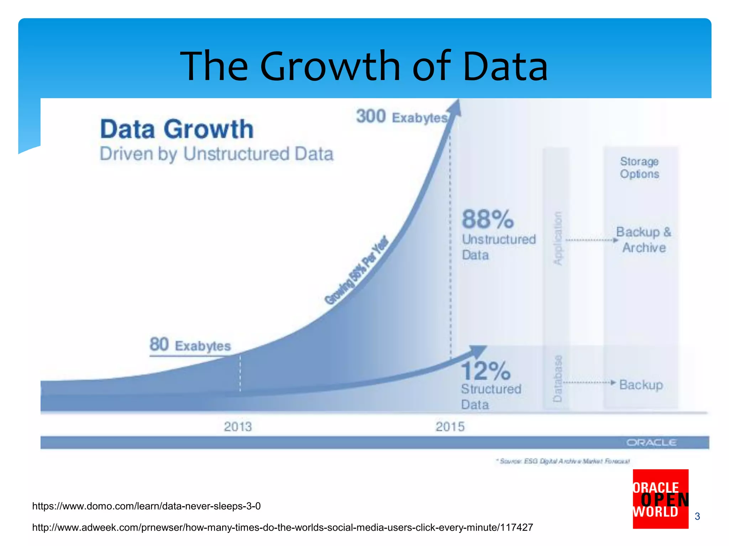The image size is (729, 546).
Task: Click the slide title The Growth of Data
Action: click(364, 66)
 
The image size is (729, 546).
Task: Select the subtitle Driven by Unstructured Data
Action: click(216, 154)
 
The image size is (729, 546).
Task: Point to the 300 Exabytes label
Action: click(402, 117)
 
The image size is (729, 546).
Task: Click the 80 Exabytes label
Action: click(190, 345)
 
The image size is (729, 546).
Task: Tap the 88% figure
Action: click(488, 219)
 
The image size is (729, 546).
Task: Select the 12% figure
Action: click(486, 371)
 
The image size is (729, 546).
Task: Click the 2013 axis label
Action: click(238, 427)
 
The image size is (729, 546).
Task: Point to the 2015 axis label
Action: click(450, 427)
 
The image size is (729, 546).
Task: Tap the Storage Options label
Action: click(639, 168)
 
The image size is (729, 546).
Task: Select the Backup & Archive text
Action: click(644, 240)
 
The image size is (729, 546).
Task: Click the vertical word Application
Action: click(557, 238)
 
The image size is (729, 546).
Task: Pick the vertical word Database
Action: click(557, 378)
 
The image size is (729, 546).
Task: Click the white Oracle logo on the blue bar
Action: click(651, 443)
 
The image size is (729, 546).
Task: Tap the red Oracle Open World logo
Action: click(660, 499)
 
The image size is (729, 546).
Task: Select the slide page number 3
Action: click(697, 516)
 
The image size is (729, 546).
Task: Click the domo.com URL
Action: click(146, 506)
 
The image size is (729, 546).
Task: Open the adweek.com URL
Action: click(283, 527)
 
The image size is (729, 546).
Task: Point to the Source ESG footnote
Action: click(563, 461)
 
